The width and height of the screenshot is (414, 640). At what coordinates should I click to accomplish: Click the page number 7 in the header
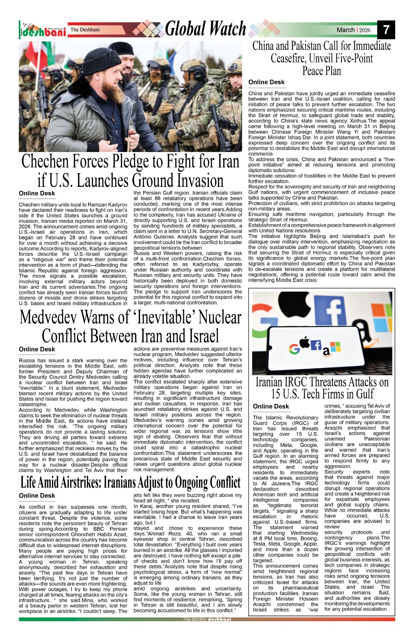coord(386,30)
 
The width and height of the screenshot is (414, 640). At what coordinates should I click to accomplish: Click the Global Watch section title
coord(205,29)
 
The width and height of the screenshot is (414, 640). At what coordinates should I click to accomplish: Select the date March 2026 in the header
coord(354,30)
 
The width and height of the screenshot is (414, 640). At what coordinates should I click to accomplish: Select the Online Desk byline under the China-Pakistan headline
coord(266,82)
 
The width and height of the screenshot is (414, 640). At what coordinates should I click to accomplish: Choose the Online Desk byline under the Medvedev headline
coord(37,349)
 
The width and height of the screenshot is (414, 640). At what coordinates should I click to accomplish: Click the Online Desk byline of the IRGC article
coord(271,406)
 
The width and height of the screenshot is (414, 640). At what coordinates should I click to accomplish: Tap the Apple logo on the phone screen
coord(304,343)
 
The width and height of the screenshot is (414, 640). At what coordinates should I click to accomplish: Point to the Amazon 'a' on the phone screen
coord(326,351)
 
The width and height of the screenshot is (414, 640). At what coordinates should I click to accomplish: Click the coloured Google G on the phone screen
coord(294,349)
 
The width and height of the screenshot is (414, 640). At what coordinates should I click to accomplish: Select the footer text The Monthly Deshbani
coord(207,619)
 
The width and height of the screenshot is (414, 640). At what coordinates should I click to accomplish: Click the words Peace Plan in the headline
coord(322,71)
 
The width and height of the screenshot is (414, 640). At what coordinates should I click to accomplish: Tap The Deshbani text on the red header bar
coord(85,30)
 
